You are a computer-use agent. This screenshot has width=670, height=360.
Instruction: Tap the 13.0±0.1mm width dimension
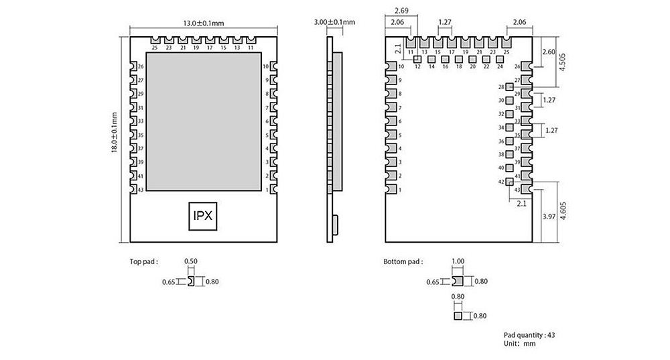click(x=202, y=23)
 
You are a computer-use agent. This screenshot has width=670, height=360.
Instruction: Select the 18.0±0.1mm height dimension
click(x=116, y=137)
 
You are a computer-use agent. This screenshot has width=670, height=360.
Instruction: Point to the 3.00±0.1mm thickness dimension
click(x=334, y=22)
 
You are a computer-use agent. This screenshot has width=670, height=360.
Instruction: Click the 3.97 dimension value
click(x=548, y=217)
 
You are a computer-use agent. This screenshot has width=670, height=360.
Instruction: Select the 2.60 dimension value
click(x=547, y=52)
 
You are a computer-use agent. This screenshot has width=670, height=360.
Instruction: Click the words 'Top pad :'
click(x=144, y=262)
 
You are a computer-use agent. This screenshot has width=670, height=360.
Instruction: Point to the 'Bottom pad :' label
click(x=403, y=262)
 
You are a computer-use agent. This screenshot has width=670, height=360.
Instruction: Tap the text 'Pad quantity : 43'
click(x=529, y=335)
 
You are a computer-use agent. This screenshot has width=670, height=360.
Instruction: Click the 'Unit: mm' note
click(x=521, y=343)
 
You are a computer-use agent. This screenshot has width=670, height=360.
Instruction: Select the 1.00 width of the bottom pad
click(x=458, y=261)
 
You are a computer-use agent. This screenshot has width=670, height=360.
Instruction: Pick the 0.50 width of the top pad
click(x=192, y=261)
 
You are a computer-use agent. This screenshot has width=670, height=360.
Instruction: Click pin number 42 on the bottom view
click(x=501, y=182)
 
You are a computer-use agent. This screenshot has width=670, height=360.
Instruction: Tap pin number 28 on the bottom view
click(x=501, y=87)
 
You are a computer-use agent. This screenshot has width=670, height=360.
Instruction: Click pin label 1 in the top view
click(x=267, y=190)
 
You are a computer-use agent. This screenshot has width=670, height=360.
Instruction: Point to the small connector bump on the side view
click(x=336, y=224)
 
